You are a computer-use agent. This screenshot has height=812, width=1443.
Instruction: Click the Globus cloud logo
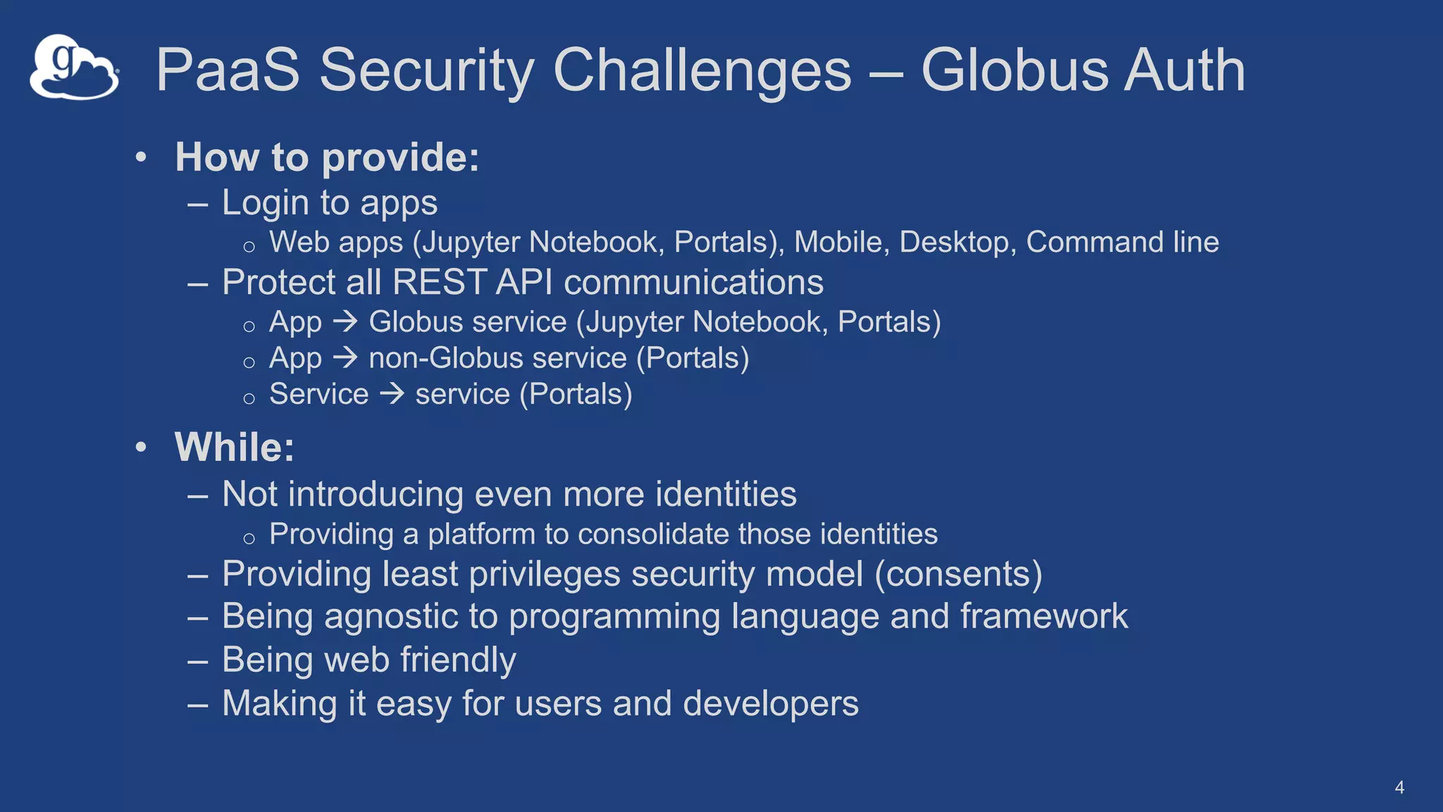[74, 68]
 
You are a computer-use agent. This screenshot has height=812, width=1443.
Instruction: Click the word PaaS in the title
[228, 70]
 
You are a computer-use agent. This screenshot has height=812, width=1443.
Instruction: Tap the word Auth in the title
[1184, 70]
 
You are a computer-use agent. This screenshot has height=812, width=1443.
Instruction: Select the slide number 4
[1399, 787]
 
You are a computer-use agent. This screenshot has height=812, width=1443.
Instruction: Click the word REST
[439, 283]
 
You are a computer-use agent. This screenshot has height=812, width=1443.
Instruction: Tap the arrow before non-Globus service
[345, 358]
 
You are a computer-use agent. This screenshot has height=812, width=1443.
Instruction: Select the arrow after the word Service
[392, 394]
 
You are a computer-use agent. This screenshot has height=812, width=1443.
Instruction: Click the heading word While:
[234, 448]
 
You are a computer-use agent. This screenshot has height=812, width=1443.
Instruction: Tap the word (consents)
[958, 574]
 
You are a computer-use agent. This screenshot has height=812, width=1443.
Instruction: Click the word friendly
[458, 660]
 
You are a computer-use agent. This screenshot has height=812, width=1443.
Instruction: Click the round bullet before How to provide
[141, 157]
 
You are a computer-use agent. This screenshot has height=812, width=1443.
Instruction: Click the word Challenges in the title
[702, 70]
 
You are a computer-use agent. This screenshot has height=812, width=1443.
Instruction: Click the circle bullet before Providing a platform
[249, 539]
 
